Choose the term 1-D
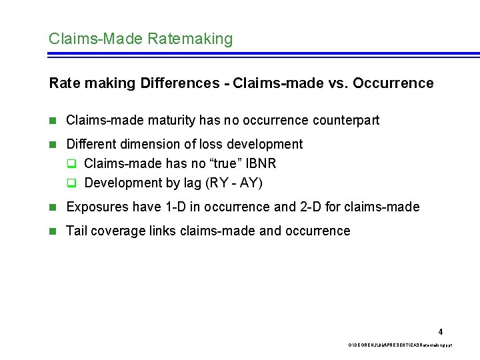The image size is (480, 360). click(176, 207)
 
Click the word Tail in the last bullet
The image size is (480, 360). click(77, 231)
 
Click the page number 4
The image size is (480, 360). click(440, 331)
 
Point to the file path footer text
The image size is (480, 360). click(395, 345)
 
